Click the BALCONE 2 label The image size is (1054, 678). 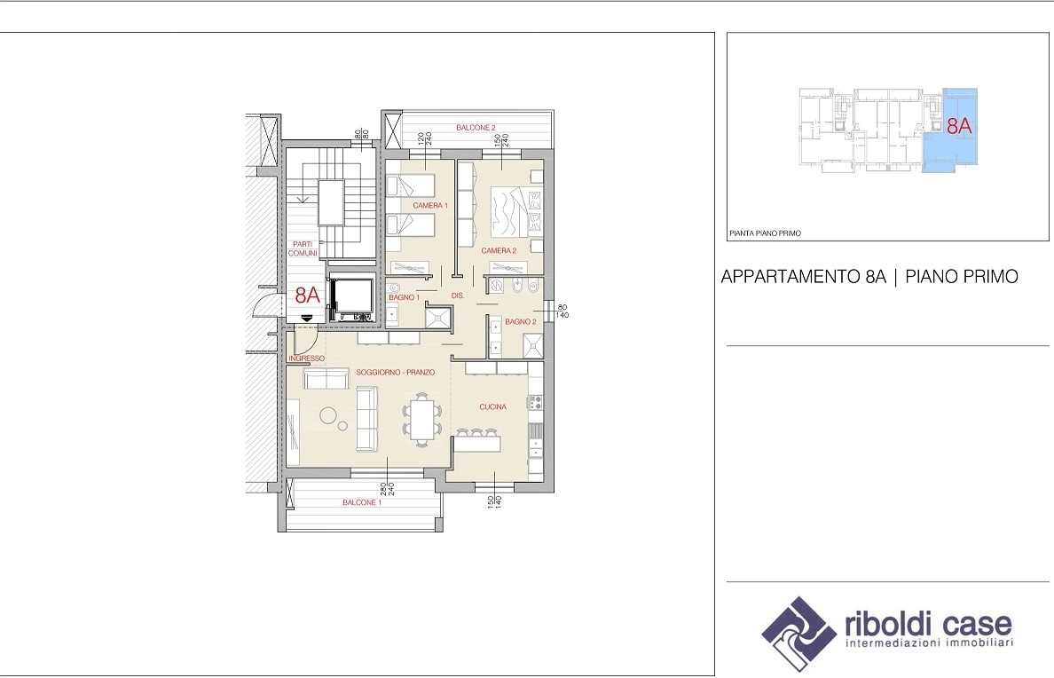[x=476, y=128]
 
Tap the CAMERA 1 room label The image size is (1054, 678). [x=430, y=205]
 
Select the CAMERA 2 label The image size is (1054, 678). [x=499, y=251]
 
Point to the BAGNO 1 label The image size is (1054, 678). [x=404, y=297]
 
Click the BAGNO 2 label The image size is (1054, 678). [x=521, y=321]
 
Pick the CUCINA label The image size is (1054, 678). [x=492, y=407]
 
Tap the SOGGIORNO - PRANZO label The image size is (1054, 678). [x=396, y=372]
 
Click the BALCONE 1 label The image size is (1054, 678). [x=362, y=502]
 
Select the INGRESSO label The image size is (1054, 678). [x=306, y=359]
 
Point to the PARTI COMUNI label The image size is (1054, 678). [x=303, y=248]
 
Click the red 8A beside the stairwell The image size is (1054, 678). [x=307, y=295]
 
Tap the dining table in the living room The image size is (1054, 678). [x=421, y=420]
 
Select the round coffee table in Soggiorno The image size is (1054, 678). [x=328, y=415]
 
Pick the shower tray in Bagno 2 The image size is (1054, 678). [x=533, y=346]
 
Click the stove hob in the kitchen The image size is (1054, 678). [x=535, y=402]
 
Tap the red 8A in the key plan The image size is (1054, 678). [x=959, y=126]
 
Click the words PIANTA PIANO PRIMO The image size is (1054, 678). [x=765, y=233]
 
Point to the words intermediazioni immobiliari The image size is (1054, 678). [x=929, y=643]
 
